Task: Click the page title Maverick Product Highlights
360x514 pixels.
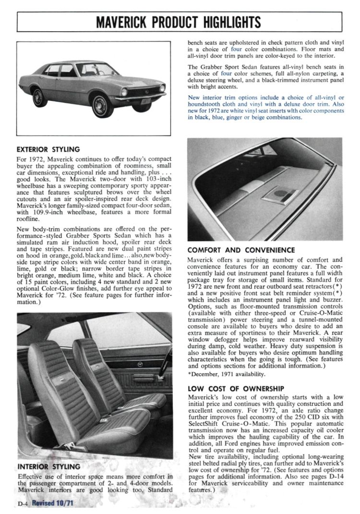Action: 179,22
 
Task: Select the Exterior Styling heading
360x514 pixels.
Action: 48,149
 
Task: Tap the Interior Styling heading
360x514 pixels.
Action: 48,466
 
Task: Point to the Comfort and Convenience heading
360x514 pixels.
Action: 241,250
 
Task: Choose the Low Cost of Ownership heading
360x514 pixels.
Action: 236,389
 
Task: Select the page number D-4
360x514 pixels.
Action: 23,503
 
